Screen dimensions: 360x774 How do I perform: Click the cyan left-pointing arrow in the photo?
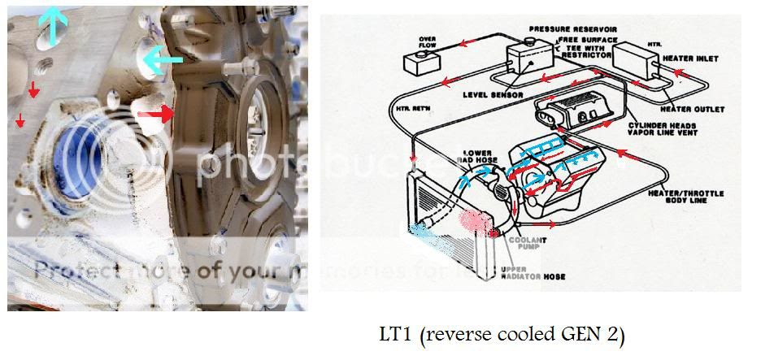162,59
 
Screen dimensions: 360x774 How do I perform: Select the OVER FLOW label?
428,41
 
